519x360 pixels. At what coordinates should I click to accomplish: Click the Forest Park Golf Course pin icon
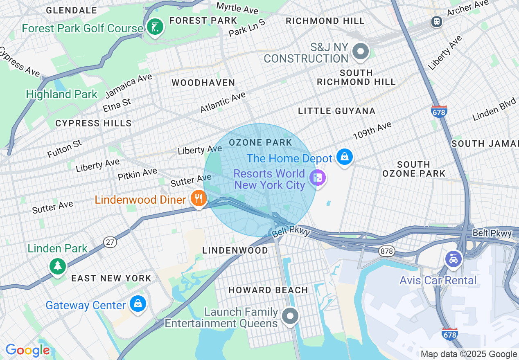(155, 27)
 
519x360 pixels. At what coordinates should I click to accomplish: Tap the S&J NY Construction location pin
(361, 52)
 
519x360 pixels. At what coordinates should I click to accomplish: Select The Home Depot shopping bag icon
(344, 157)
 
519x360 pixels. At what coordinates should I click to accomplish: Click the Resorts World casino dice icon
(317, 178)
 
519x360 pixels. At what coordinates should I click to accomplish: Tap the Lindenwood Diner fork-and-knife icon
(199, 199)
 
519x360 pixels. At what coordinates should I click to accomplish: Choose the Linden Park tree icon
(58, 266)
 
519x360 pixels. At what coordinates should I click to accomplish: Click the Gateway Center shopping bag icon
(138, 304)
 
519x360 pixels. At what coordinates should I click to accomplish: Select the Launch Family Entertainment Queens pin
(290, 316)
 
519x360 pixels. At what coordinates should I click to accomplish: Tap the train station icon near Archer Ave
(437, 21)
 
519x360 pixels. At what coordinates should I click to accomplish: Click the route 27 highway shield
(110, 242)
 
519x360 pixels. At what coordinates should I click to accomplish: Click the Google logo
(27, 350)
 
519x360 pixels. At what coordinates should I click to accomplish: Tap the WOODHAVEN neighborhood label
(203, 83)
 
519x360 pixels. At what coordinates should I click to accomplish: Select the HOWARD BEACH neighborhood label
(268, 290)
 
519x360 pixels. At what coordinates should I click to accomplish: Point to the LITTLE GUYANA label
(336, 111)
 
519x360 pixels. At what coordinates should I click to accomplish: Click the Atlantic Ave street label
(223, 102)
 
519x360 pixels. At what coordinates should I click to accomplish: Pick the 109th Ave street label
(372, 130)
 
